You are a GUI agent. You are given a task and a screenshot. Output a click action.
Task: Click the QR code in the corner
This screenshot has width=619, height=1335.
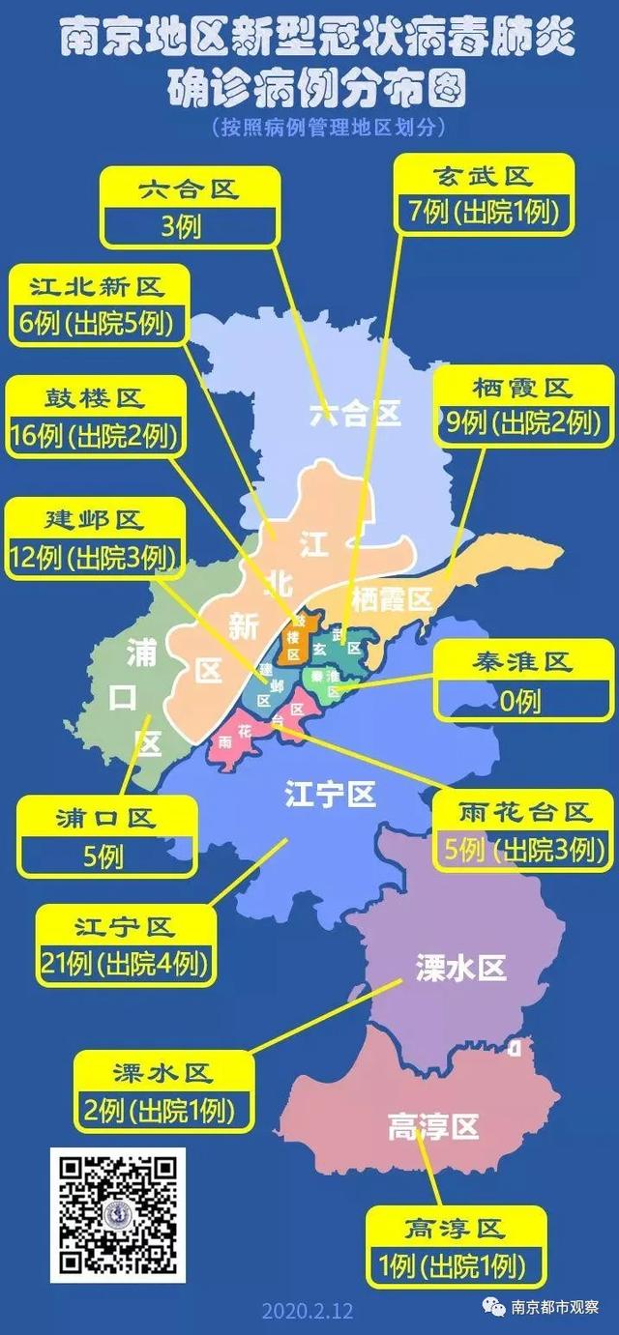[118, 1215]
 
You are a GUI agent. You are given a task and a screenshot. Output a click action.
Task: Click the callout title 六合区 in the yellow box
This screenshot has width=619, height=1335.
[189, 189]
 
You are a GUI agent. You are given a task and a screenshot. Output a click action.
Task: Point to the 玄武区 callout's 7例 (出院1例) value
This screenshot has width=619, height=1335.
[485, 212]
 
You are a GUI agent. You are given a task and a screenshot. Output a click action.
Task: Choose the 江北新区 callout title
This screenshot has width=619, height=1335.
[97, 285]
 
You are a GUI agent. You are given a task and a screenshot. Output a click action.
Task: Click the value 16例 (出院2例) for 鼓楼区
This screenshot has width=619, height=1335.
[97, 437]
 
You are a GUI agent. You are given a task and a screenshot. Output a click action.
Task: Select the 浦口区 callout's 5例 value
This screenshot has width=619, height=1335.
[104, 856]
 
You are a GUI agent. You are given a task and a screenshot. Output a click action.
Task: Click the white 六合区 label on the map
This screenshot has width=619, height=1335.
[355, 415]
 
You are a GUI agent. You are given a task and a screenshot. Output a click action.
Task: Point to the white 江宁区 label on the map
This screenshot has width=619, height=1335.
[330, 796]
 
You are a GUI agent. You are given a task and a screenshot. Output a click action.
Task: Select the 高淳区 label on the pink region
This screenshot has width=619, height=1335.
[433, 1127]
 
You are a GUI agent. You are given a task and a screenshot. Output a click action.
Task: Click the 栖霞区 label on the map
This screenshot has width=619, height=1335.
[392, 598]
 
